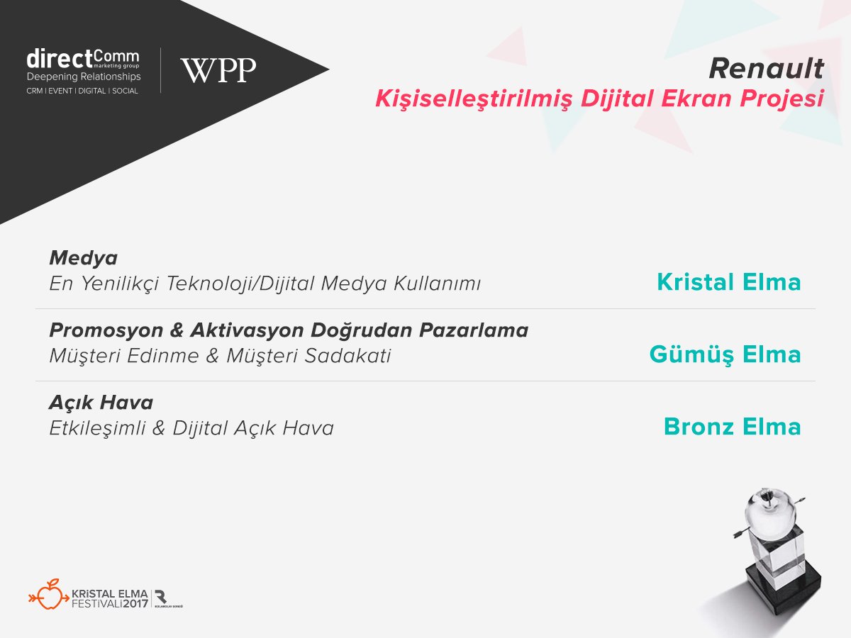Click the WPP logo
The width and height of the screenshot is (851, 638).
218,70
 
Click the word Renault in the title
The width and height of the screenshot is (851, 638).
766,69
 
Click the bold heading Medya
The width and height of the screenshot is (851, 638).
84,257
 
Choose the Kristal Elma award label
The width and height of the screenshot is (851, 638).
729,282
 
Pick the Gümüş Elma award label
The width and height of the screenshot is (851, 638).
725,354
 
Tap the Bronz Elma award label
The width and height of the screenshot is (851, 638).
732,427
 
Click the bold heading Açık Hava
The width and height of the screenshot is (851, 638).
101,403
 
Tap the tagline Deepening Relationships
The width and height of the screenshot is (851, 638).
84,77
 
